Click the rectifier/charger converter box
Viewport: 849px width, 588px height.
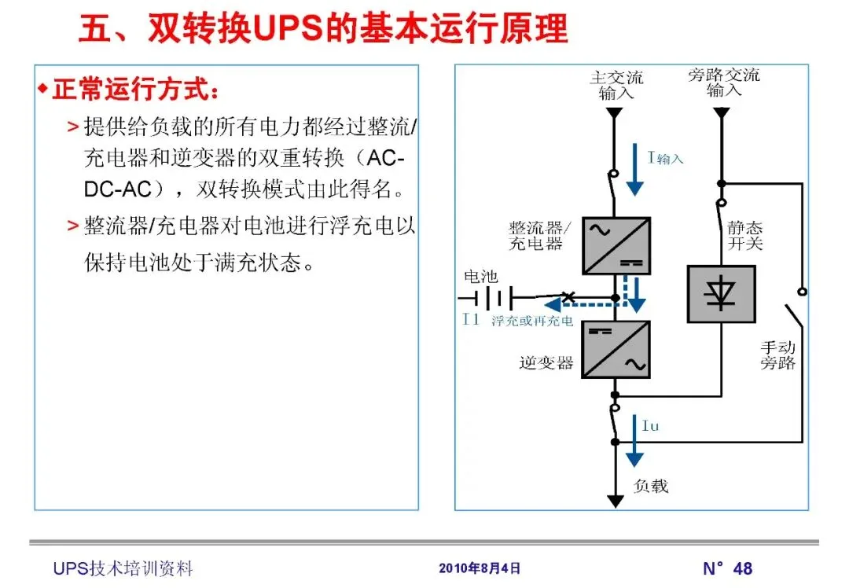[616, 245]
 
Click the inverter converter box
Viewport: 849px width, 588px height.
[616, 349]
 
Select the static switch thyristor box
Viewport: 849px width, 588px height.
[721, 294]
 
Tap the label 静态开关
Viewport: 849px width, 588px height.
[744, 235]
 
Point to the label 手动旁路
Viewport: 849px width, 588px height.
[778, 355]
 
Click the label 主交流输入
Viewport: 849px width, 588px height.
[616, 84]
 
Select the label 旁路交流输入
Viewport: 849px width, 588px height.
[723, 83]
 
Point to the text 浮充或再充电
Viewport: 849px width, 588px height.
[532, 321]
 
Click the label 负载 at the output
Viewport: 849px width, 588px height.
[651, 486]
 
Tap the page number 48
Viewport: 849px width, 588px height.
[742, 568]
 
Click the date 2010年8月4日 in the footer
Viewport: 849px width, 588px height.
[479, 568]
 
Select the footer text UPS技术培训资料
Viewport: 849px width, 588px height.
[123, 568]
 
